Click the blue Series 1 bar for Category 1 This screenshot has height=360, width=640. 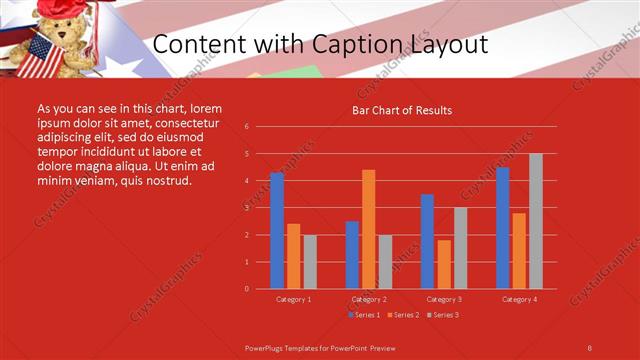[277, 231]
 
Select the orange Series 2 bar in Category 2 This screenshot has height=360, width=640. [369, 229]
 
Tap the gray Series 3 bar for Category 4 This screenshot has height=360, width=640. [535, 221]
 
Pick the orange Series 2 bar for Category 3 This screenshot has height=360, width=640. [444, 264]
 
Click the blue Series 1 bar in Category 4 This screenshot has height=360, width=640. [502, 228]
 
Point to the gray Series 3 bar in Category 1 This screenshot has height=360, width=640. [310, 262]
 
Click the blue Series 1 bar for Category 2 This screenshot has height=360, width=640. [352, 255]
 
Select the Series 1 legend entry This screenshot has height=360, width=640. [363, 315]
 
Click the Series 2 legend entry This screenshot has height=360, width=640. [402, 315]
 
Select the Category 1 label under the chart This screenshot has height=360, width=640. [294, 299]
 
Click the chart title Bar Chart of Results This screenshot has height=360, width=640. [402, 110]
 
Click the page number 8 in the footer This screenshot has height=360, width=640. [589, 347]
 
